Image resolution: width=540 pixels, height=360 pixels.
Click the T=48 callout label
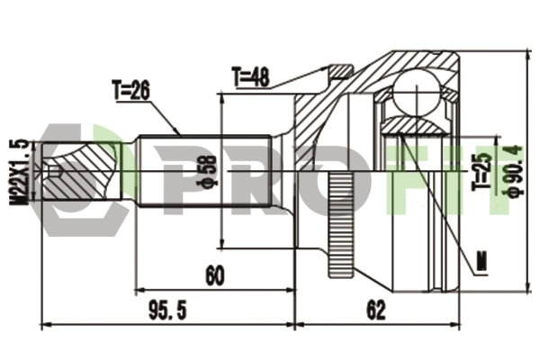click(x=251, y=77)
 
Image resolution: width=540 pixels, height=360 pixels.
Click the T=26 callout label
click(x=131, y=91)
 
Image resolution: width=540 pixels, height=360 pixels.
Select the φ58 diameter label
click(x=207, y=170)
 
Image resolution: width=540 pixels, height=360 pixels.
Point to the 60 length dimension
click(x=215, y=275)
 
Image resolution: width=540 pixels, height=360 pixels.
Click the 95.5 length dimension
click(x=167, y=310)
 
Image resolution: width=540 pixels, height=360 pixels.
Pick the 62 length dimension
click(x=375, y=310)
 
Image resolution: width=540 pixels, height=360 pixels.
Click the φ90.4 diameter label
click(x=515, y=172)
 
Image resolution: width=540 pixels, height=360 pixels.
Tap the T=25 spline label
click(x=481, y=166)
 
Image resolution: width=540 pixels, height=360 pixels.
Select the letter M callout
click(x=482, y=260)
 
